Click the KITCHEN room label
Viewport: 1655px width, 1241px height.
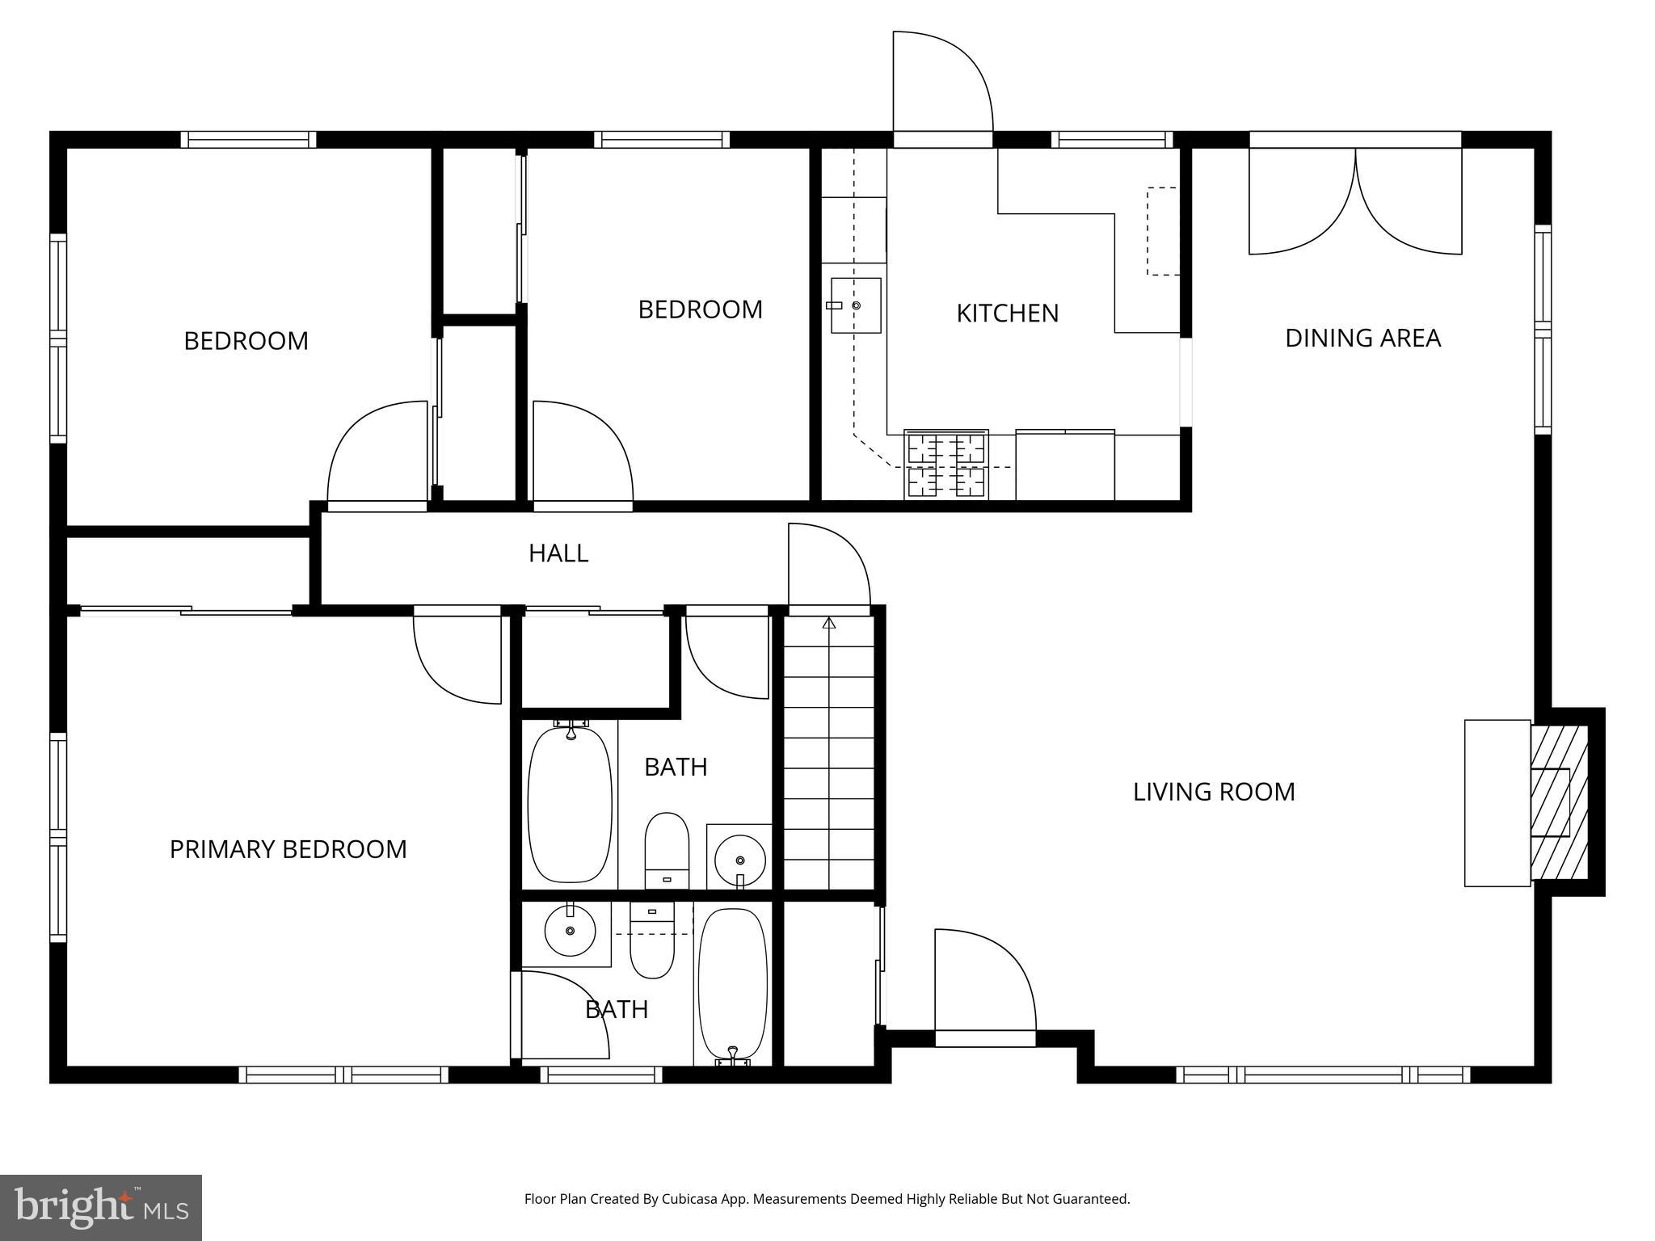point(1007,313)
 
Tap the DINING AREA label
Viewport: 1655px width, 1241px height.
point(1362,338)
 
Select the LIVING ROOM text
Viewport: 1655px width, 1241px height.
point(1214,792)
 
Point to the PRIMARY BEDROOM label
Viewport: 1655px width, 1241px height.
point(288,849)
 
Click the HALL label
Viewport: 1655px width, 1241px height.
point(558,553)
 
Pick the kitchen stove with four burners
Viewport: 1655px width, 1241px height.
point(946,465)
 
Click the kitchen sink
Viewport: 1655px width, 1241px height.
point(854,305)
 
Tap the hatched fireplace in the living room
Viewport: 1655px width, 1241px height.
point(1560,802)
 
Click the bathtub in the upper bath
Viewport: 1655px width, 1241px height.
point(570,804)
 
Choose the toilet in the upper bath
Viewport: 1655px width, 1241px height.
point(667,850)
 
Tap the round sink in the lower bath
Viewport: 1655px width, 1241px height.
point(571,931)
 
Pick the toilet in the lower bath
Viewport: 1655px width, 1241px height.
point(652,941)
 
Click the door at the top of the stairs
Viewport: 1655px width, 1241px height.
point(829,566)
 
